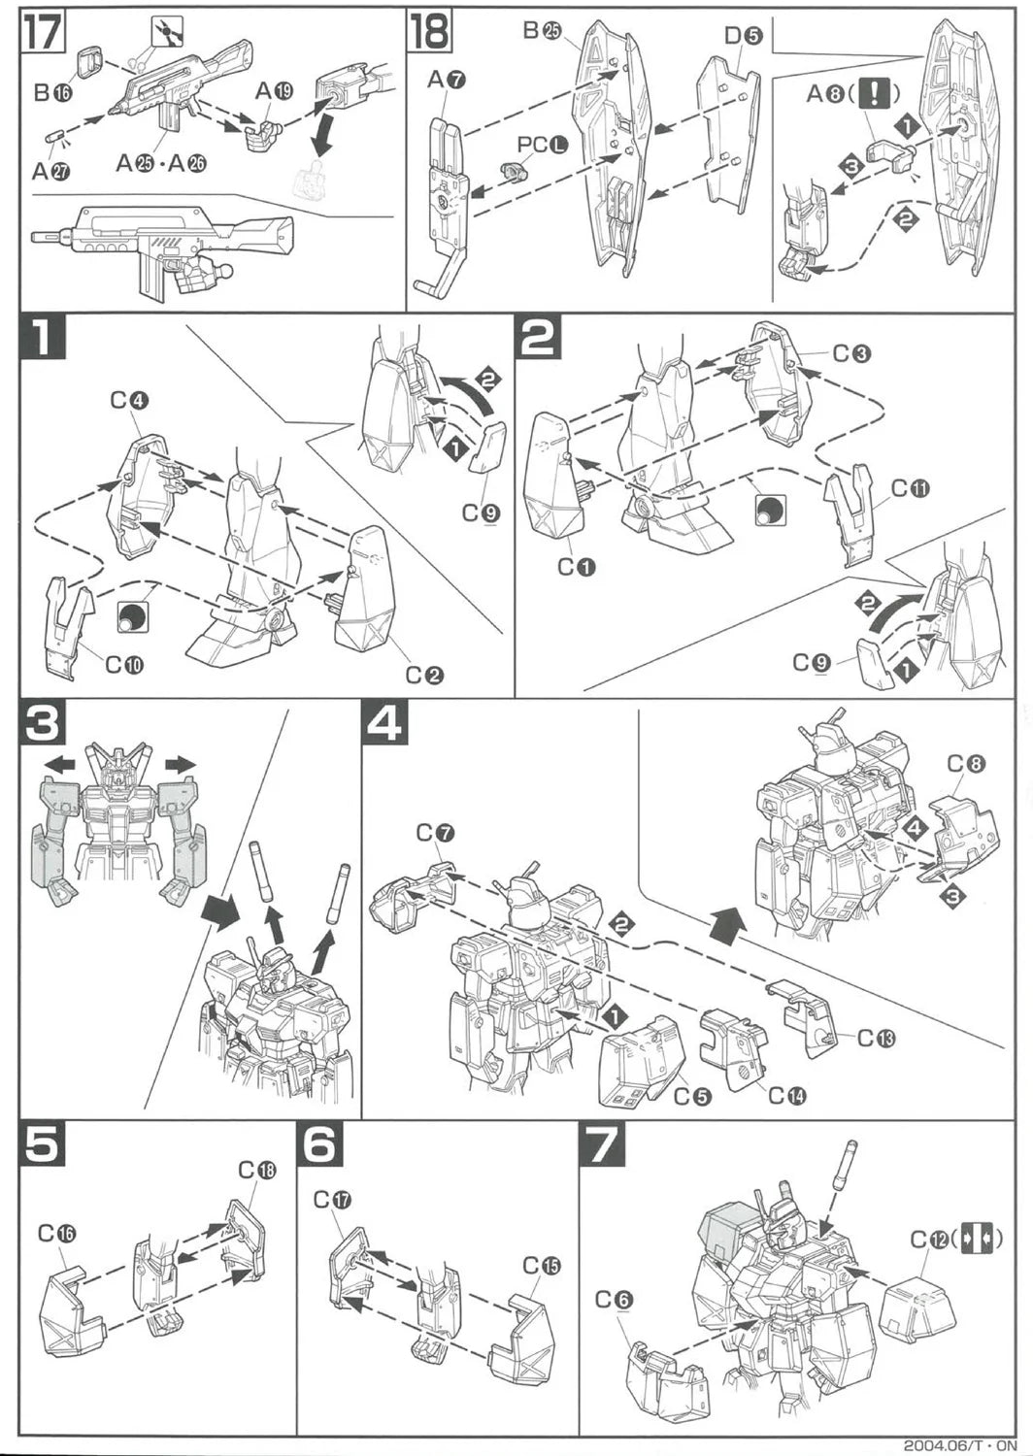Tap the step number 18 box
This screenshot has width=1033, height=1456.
point(428,31)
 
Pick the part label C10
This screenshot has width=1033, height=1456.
point(124,665)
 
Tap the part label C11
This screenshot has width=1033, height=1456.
point(910,488)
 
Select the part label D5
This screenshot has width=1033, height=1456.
point(744,37)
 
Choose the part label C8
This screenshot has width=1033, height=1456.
point(966,764)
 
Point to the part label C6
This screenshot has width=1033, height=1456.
point(614,1300)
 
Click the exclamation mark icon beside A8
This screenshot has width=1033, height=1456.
point(877,93)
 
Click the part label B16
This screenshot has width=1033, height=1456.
point(53,93)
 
